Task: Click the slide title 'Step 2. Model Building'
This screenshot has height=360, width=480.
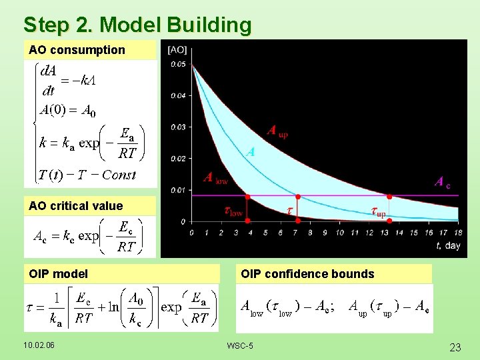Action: click(x=137, y=25)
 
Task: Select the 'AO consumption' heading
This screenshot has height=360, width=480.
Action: click(x=77, y=50)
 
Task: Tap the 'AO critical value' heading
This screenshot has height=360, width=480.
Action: click(x=75, y=206)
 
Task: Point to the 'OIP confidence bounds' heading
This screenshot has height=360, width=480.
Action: click(x=307, y=274)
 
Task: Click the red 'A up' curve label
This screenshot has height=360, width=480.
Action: click(x=277, y=131)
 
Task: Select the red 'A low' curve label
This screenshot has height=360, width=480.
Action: click(x=215, y=178)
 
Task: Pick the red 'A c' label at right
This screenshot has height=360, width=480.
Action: click(x=442, y=182)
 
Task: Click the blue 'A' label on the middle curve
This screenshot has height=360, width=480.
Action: click(x=250, y=152)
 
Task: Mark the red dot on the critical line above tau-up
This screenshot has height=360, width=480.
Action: click(x=389, y=196)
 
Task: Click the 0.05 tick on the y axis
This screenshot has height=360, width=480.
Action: click(x=177, y=64)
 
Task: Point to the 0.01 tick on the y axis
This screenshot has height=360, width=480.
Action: click(x=177, y=191)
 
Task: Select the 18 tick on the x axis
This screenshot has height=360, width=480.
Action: click(x=457, y=233)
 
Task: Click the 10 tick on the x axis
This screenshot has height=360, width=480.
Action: click(x=339, y=233)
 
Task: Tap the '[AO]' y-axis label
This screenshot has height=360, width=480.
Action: click(x=177, y=49)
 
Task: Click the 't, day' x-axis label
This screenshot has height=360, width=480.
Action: click(x=448, y=245)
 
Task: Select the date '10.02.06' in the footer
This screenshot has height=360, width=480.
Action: click(x=39, y=345)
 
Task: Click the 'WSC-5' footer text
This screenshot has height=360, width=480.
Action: click(x=239, y=345)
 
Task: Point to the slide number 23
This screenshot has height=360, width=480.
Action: click(x=455, y=347)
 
